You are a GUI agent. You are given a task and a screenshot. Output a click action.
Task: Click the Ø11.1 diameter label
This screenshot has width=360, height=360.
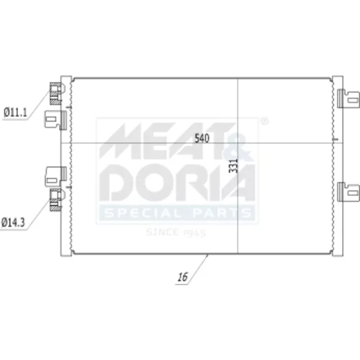15,112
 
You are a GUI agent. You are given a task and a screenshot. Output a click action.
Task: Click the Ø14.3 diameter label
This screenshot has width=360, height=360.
13,222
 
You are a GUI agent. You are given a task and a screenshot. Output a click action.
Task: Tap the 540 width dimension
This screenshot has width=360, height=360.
202,138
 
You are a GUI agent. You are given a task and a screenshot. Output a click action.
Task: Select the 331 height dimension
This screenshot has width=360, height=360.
233,166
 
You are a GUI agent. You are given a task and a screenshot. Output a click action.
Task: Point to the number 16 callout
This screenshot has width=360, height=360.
182,277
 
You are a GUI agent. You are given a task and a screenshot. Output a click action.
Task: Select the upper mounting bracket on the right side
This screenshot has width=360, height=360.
348,99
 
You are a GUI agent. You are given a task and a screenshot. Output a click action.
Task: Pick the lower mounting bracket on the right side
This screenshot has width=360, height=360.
348,192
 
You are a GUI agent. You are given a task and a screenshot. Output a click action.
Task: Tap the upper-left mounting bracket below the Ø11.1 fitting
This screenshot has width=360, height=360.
55,120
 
